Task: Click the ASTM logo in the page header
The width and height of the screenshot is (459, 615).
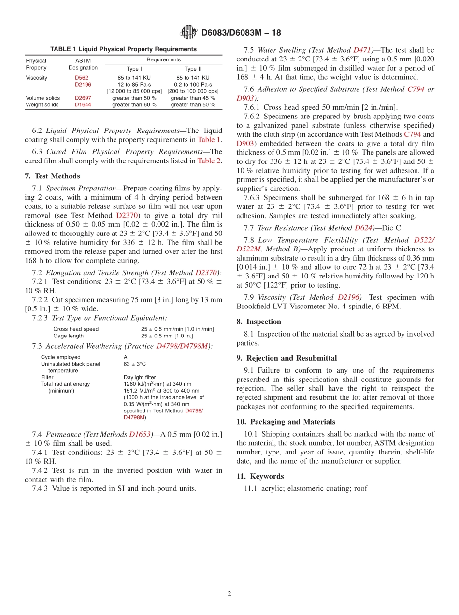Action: pos(188,32)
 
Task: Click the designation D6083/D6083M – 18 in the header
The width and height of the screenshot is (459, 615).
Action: pos(241,33)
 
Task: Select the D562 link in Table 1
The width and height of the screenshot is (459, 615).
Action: pos(82,77)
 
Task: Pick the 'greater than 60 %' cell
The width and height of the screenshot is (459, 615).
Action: pos(134,104)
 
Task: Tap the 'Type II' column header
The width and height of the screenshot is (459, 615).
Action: pos(193,69)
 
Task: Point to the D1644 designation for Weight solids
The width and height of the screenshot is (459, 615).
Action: pos(83,104)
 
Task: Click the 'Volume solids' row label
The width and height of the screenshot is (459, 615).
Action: pos(43,98)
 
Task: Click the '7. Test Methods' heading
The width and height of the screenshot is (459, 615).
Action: pos(52,176)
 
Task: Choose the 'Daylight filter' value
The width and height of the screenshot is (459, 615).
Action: pos(140,377)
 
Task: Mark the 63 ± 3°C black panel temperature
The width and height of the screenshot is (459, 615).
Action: pos(135,364)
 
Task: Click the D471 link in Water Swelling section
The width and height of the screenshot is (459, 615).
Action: pos(362,50)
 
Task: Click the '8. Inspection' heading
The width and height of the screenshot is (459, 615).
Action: pos(258,322)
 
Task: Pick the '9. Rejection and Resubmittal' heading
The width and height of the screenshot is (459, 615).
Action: pos(287,358)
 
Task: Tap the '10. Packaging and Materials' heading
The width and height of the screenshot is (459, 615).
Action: pos(286,422)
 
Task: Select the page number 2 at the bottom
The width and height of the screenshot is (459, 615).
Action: pos(229,594)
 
